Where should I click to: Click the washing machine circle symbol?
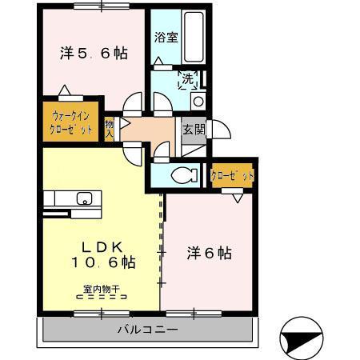point(198,101)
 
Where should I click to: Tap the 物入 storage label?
point(110,128)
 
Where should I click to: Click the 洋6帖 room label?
point(211,253)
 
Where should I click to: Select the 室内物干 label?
point(101,289)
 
